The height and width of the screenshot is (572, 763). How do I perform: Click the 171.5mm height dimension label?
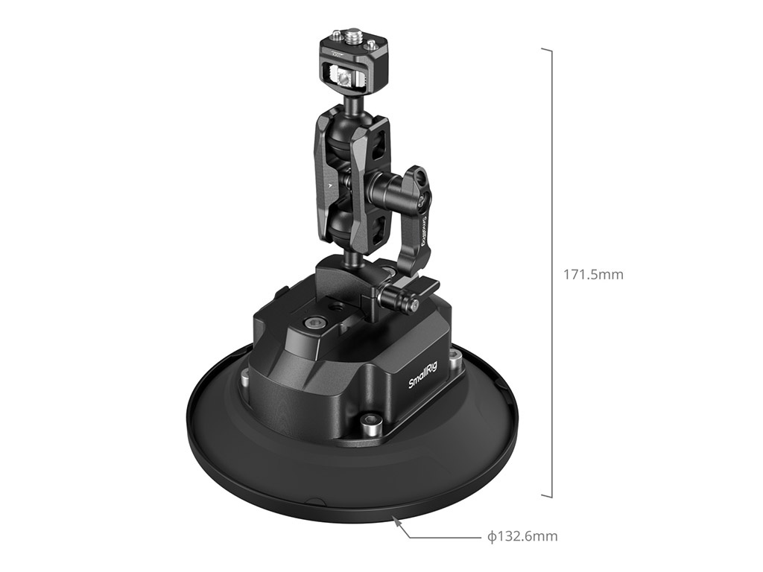pyautogui.click(x=592, y=275)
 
